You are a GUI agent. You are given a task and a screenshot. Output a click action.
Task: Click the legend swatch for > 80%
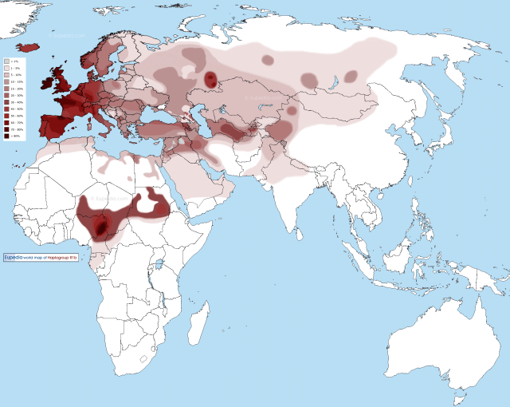pyautogui.click(x=6, y=136)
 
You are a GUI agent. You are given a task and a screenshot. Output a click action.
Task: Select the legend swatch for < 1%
pyautogui.click(x=6, y=61)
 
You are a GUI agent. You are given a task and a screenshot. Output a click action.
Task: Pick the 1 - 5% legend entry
pyautogui.click(x=6, y=68)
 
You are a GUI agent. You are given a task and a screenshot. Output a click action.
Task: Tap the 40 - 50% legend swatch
pyautogui.click(x=6, y=109)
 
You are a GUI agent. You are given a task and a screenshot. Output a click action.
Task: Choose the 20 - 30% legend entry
pyautogui.click(x=6, y=96)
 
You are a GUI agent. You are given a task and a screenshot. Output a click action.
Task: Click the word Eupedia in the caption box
pyautogui.click(x=14, y=258)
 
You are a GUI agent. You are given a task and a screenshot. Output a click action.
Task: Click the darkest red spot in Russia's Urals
pyautogui.click(x=210, y=79)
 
